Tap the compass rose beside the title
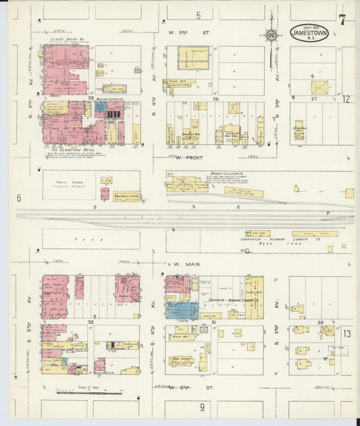coord(271,34)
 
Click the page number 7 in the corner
coord(342,20)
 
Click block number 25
coord(90,99)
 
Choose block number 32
coord(90,322)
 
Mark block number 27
coord(314,99)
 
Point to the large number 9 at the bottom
coord(201,407)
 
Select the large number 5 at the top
coord(199,15)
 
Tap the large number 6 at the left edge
coord(20,198)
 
